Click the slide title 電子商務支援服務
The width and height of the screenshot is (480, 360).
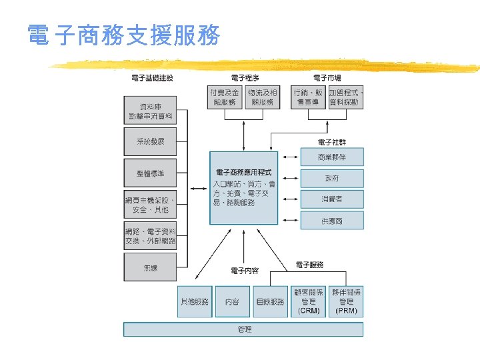(x=124, y=36)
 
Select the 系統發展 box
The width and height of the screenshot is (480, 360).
(x=151, y=141)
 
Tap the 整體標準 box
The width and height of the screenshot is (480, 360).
(x=151, y=173)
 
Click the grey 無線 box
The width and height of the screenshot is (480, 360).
(x=151, y=268)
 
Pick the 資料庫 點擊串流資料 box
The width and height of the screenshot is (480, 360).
(x=151, y=111)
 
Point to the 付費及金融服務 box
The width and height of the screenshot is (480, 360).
(x=225, y=97)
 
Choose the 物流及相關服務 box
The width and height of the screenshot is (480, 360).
(x=262, y=97)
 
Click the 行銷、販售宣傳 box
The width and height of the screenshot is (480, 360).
(x=308, y=97)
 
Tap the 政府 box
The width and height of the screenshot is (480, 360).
(x=332, y=179)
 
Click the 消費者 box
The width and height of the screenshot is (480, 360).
(x=332, y=199)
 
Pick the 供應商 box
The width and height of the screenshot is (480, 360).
(x=332, y=221)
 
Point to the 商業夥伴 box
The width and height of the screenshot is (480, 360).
(x=332, y=157)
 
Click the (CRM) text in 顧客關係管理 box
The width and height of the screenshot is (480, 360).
(x=309, y=311)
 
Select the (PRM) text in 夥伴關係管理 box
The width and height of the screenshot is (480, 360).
(x=346, y=311)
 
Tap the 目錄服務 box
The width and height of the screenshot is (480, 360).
(x=270, y=302)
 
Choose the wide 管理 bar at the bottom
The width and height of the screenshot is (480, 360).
(x=243, y=329)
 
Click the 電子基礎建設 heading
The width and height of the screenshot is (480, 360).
(x=152, y=79)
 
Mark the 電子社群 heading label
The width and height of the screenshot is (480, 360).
(x=332, y=143)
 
